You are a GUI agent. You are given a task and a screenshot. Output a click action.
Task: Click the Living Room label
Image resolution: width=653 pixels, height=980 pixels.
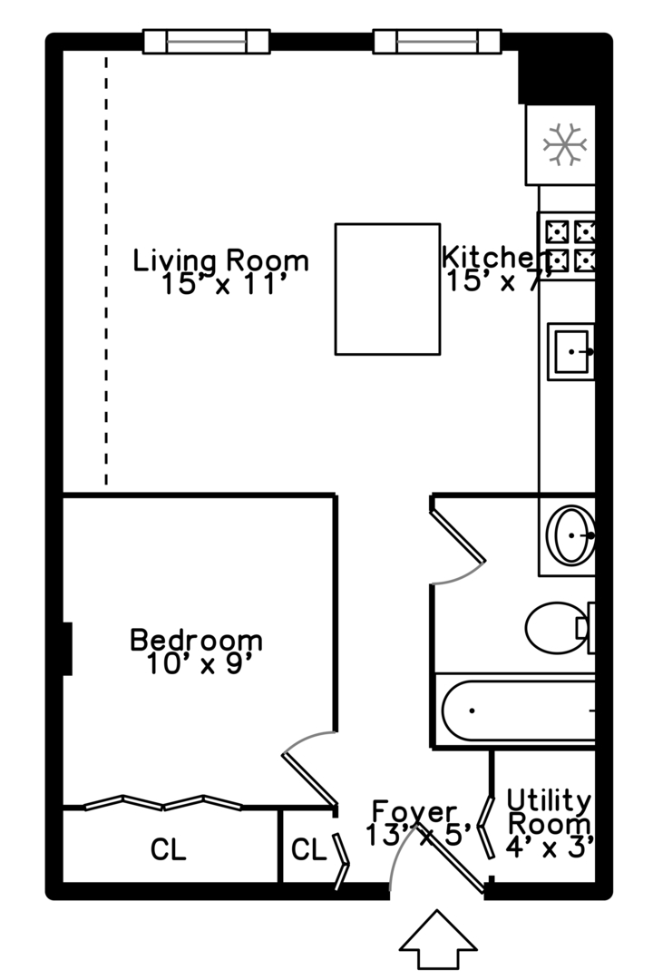(221, 261)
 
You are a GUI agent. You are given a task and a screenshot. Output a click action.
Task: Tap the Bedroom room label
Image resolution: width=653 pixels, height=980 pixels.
(197, 640)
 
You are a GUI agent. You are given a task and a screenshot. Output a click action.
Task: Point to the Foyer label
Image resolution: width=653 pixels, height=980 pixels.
(414, 810)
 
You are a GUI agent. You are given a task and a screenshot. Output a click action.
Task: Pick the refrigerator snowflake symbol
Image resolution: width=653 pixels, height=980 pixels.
(564, 143)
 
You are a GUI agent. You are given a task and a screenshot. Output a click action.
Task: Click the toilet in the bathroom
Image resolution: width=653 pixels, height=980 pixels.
(557, 627)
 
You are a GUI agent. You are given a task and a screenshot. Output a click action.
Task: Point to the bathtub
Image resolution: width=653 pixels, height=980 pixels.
(517, 710)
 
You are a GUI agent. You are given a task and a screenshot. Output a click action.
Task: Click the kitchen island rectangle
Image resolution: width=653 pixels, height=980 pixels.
(387, 289)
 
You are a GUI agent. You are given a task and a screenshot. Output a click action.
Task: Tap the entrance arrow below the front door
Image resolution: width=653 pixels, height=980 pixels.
(438, 940)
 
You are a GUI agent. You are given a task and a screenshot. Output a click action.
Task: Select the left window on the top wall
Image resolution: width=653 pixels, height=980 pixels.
(207, 41)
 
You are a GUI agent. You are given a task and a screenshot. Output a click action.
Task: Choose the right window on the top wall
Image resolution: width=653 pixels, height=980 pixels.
(437, 41)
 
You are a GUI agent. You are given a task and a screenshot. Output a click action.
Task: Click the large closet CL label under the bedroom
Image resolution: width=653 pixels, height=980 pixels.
(169, 850)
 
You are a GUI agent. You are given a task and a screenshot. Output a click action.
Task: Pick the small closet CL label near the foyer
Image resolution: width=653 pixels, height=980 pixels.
(308, 850)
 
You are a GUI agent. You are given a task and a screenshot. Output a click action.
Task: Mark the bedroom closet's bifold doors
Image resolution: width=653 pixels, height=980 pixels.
(163, 802)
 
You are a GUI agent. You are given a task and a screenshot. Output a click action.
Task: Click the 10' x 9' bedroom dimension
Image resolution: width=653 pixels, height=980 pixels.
(198, 665)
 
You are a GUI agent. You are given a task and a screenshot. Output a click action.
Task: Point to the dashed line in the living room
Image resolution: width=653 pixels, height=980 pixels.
(106, 272)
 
